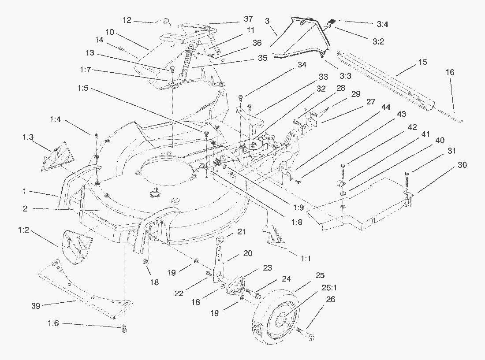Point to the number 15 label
(x=422, y=62)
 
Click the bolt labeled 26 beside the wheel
(x=305, y=333)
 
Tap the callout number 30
(x=462, y=165)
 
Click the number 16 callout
(x=450, y=72)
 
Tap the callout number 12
(x=127, y=20)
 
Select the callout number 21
(x=241, y=232)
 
